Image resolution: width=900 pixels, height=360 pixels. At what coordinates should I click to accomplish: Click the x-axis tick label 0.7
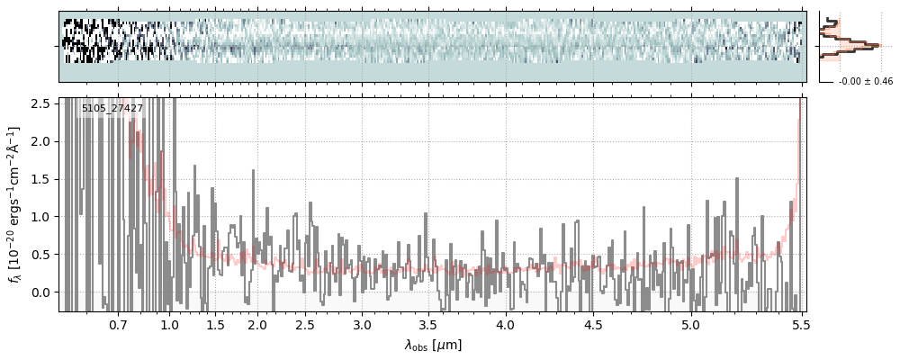coord(118,324)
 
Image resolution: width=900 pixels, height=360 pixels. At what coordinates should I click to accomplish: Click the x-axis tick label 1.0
coord(169,324)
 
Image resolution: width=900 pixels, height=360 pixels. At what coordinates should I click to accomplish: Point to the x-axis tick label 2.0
coord(257,324)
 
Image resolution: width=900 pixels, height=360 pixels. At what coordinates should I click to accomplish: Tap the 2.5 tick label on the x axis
coord(305,324)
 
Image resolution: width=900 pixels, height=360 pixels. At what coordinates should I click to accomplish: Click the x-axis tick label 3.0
coord(362,324)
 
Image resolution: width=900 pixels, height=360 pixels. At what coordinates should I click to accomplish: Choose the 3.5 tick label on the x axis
coord(430,324)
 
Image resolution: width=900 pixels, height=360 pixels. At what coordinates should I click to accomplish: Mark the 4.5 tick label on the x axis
coord(595,324)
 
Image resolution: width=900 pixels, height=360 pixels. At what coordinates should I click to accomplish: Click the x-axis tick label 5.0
coord(690,324)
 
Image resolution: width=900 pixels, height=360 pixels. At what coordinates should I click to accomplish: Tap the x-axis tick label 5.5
coord(798,324)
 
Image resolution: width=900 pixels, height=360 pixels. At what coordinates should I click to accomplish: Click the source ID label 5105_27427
coord(112,109)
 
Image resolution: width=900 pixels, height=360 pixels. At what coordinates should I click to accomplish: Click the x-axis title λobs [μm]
coord(433,344)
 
